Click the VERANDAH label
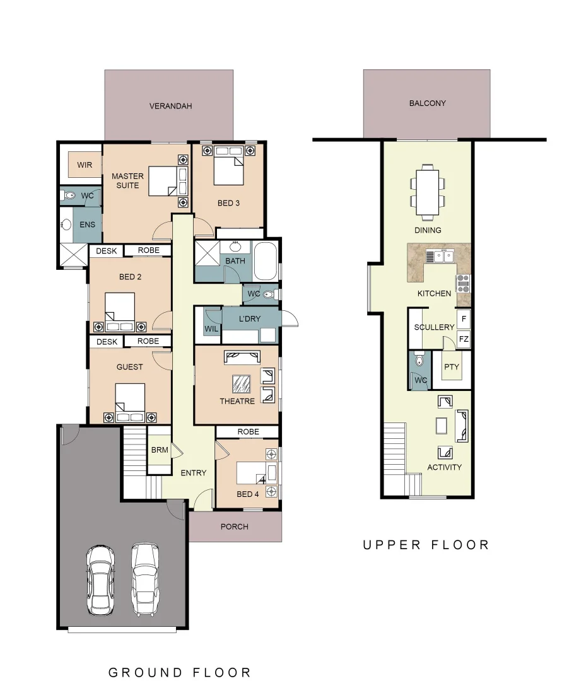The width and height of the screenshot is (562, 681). (170, 106)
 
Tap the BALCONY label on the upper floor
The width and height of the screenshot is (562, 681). (427, 103)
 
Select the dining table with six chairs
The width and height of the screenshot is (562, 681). (427, 189)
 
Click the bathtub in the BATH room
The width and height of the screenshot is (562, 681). (266, 261)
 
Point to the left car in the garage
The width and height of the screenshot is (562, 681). (100, 579)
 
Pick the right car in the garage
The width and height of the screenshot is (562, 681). (144, 579)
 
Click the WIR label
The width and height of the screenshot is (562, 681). (85, 165)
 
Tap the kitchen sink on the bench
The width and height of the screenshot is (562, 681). (440, 255)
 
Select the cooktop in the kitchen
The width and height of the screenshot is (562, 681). (463, 282)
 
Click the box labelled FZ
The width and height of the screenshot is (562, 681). (464, 339)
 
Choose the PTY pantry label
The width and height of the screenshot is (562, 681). (451, 366)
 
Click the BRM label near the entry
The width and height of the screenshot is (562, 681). (159, 450)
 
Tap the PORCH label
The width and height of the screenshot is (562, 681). (235, 527)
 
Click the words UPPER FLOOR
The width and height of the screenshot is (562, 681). (426, 545)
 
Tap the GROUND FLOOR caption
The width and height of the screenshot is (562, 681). (180, 672)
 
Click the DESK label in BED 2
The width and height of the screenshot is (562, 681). (107, 250)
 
